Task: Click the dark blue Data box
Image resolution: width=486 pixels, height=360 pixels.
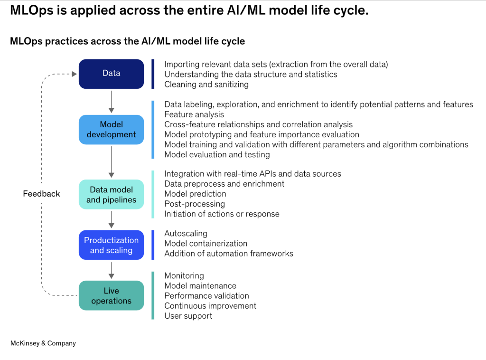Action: tap(111, 74)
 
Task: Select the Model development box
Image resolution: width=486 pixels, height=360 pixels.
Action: tap(111, 130)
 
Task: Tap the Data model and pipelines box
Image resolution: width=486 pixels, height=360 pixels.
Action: tap(111, 195)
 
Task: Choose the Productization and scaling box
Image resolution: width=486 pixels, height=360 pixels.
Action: tap(111, 245)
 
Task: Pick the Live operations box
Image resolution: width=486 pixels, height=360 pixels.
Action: tap(111, 295)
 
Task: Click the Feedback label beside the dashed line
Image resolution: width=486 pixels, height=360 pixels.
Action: tap(41, 194)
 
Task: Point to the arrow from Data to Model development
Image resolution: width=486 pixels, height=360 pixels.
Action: tap(111, 101)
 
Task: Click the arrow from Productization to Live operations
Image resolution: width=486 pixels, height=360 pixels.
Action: tap(111, 270)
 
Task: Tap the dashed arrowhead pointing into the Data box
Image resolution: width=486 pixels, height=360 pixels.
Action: tap(73, 74)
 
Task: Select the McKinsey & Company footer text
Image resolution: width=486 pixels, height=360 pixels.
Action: tap(43, 343)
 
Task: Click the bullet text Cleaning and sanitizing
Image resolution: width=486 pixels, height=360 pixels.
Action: tap(206, 85)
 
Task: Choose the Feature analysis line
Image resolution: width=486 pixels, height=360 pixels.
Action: tap(194, 114)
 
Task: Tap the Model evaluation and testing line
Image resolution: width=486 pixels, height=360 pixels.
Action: tap(217, 154)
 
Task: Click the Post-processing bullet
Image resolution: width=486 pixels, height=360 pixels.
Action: tap(195, 204)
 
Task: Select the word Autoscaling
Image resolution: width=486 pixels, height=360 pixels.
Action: tap(186, 234)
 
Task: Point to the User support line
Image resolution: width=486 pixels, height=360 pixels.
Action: tap(188, 316)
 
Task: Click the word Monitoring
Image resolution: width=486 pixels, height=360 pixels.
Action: tap(184, 276)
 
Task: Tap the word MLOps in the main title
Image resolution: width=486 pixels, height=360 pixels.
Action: tap(36, 11)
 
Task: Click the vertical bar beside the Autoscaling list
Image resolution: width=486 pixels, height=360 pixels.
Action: tap(153, 245)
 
